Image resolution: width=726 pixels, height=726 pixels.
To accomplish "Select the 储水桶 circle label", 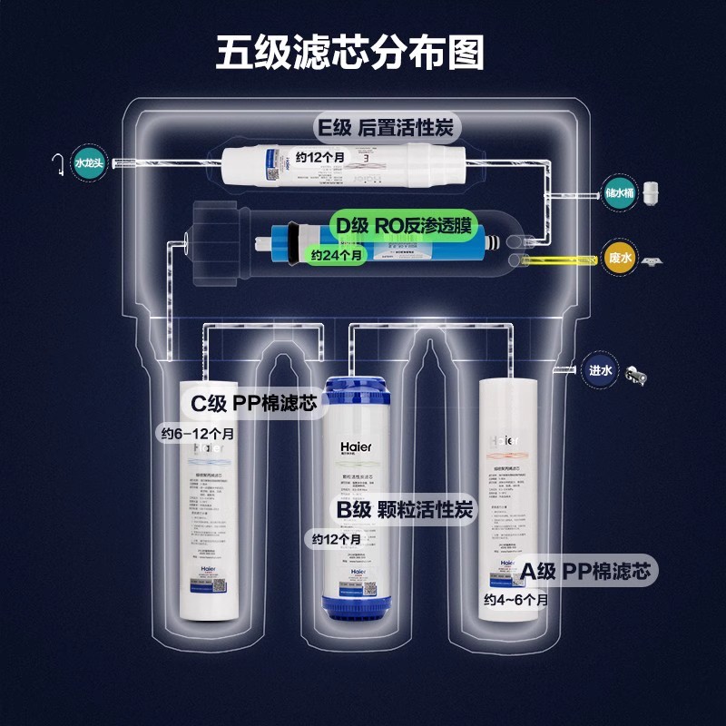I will pyautogui.click(x=620, y=192).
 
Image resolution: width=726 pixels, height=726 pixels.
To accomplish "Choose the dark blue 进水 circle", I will pyautogui.click(x=601, y=369).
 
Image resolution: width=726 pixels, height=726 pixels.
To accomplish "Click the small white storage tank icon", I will pyautogui.click(x=650, y=192).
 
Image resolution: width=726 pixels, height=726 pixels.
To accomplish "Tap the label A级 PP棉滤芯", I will pyautogui.click(x=586, y=571).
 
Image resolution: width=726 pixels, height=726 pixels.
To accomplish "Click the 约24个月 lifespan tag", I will pyautogui.click(x=337, y=257).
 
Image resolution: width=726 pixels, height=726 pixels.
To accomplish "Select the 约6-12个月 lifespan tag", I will pyautogui.click(x=197, y=434).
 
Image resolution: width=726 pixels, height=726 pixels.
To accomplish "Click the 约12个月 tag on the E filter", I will pyautogui.click(x=319, y=155).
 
